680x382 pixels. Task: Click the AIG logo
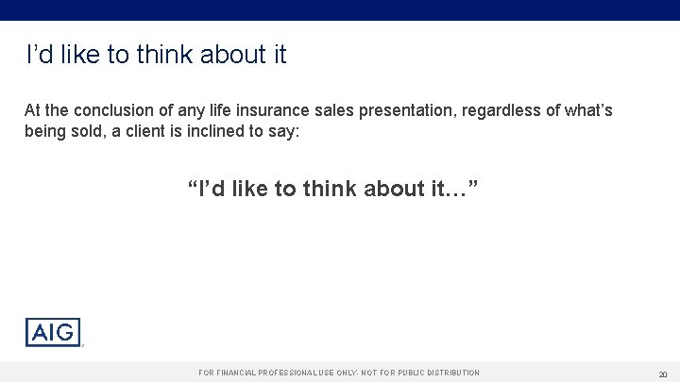click(x=53, y=333)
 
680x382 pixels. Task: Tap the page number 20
click(x=664, y=374)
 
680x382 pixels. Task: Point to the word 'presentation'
click(x=412, y=111)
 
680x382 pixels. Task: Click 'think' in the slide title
click(x=162, y=56)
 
